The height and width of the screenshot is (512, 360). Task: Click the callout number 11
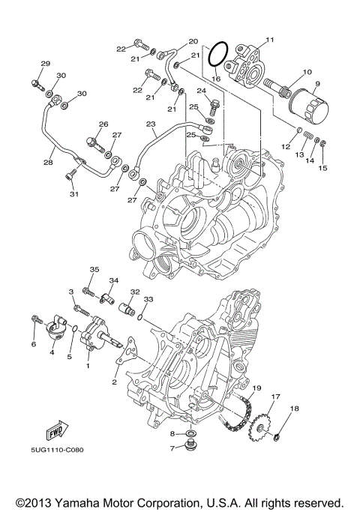[x=269, y=39]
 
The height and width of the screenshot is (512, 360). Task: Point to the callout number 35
[x=94, y=269]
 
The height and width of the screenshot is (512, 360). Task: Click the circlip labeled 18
[x=277, y=437]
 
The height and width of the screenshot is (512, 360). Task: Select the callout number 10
[x=307, y=73]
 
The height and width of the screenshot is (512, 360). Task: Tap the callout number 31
[x=73, y=195]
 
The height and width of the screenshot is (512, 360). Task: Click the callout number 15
[x=323, y=167]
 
